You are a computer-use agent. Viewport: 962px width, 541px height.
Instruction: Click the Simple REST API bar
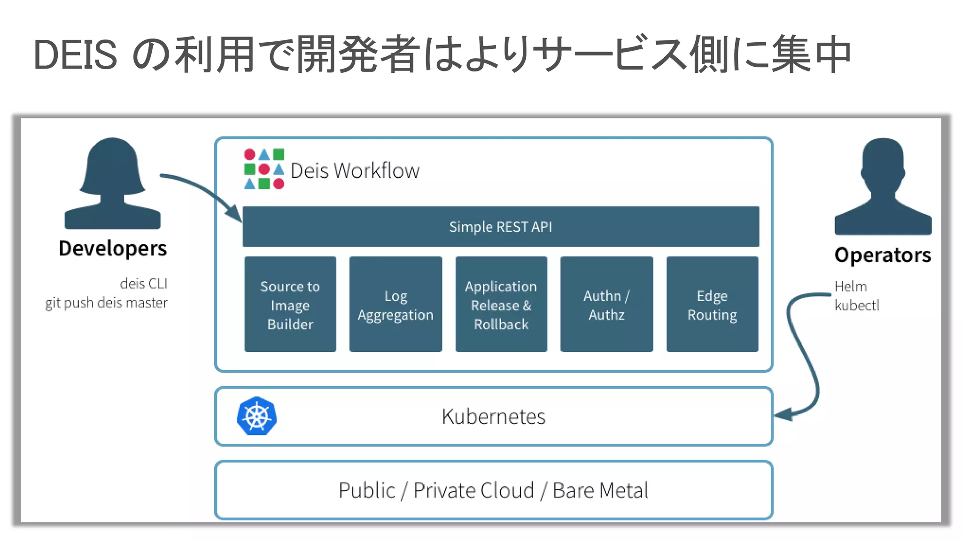500,227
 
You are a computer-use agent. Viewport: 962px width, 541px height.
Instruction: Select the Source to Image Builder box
290,304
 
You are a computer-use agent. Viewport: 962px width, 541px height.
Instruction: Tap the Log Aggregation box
396,304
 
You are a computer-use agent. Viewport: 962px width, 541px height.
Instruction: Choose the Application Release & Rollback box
501,304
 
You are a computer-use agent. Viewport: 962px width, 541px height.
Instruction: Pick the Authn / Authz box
606,304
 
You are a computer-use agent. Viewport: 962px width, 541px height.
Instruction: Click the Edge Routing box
712,304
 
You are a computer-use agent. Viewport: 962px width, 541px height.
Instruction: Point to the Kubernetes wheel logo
256,416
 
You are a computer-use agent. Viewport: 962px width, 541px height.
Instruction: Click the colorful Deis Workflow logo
264,169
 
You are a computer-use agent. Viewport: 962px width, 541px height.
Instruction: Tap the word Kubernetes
493,417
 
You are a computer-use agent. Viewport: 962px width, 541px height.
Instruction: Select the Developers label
113,248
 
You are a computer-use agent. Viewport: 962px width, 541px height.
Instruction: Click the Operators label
883,255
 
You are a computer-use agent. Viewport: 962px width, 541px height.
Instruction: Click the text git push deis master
106,303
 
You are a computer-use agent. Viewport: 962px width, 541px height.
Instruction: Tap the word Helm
850,286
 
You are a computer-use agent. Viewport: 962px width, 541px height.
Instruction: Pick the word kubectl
857,305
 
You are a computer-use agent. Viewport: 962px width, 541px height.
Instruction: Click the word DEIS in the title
75,55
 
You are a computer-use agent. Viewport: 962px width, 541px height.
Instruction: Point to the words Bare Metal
600,491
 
